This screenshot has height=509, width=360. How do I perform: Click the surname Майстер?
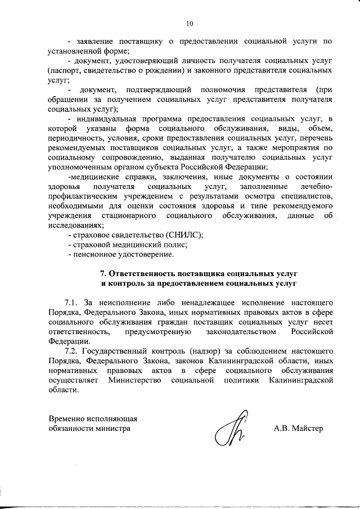point(309,429)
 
